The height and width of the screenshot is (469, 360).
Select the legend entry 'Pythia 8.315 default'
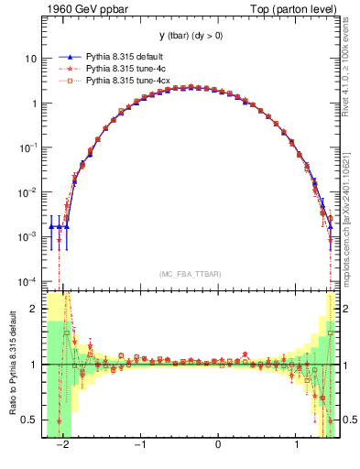point(123,56)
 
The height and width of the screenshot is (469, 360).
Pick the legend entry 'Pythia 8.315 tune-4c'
point(124,69)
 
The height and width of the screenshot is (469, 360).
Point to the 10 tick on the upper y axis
point(31,59)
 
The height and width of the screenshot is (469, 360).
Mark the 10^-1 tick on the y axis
point(29,147)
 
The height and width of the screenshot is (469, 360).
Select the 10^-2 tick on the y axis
point(29,191)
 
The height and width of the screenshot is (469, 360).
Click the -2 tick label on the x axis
point(62,444)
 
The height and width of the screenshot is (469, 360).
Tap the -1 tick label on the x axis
point(139,444)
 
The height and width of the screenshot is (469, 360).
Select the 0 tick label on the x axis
point(218,444)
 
